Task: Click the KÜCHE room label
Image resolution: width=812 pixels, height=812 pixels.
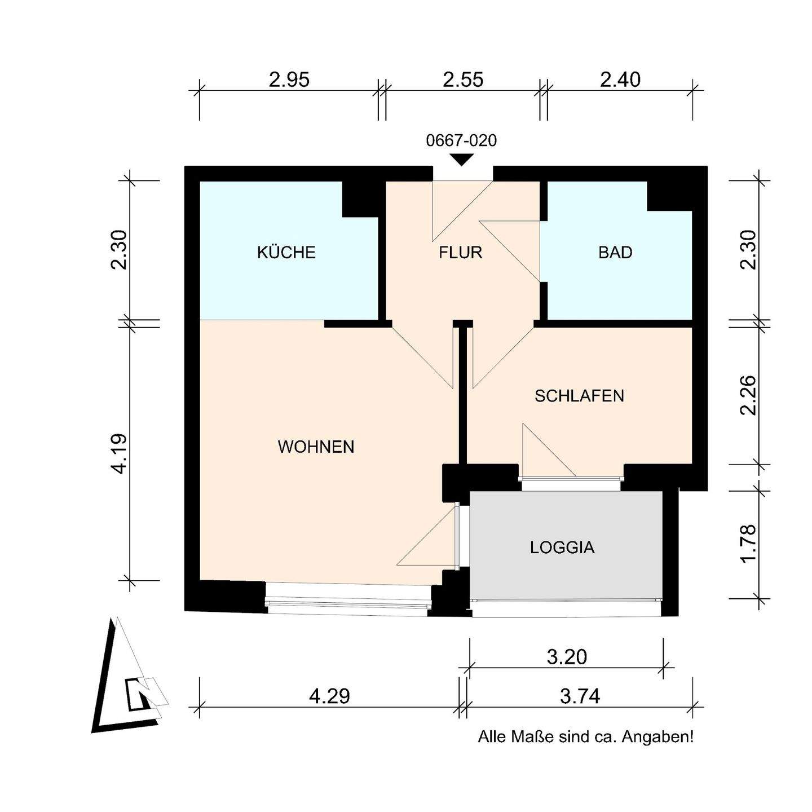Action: [x=286, y=252]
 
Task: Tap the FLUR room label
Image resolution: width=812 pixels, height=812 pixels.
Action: [x=460, y=253]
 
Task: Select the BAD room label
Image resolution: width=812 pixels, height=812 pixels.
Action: [x=615, y=253]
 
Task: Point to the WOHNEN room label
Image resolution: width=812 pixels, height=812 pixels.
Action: [x=316, y=447]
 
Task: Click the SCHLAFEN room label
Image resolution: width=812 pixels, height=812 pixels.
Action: [x=579, y=396]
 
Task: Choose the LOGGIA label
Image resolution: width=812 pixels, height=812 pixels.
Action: [x=562, y=548]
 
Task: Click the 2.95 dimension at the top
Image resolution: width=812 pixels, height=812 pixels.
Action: [x=289, y=80]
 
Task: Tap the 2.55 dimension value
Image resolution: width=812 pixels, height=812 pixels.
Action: [x=463, y=80]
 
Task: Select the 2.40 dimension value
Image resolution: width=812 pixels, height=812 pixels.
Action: [x=620, y=80]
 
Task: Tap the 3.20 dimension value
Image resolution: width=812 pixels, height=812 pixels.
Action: [x=567, y=657]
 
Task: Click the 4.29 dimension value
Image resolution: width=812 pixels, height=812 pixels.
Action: [x=329, y=696]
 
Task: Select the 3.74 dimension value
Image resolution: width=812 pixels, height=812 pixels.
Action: [x=580, y=696]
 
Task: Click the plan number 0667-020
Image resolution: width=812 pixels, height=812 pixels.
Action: [x=461, y=141]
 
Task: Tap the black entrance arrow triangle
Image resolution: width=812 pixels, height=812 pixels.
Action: [x=462, y=160]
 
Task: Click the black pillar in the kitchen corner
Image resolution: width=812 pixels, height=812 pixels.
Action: [x=360, y=199]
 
